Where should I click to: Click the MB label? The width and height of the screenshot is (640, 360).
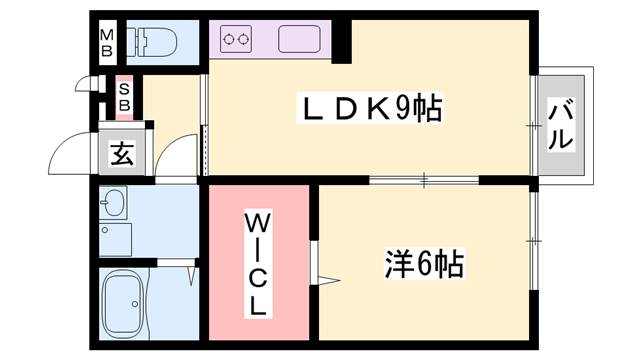[x=107, y=43]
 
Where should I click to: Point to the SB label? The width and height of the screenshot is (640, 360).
[x=125, y=96]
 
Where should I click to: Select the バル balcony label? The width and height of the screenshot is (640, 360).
[x=560, y=125]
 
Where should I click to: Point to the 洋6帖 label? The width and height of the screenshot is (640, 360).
[x=423, y=264]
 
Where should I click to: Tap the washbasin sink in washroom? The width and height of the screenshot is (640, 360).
[x=111, y=205]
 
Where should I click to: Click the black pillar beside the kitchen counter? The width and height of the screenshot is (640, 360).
[x=342, y=41]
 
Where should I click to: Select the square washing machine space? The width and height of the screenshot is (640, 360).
[x=116, y=241]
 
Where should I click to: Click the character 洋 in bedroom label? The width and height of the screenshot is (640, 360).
[x=399, y=264]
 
